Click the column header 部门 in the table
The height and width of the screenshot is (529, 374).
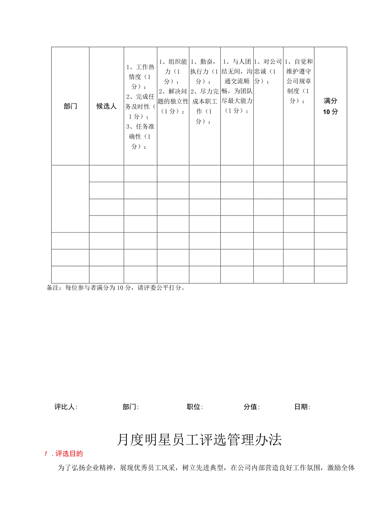pyautogui.click(x=70, y=107)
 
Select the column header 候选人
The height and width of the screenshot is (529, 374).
pyautogui.click(x=107, y=107)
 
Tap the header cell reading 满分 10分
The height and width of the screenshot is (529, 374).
pyautogui.click(x=331, y=107)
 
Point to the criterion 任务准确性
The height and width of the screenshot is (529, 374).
pyautogui.click(x=140, y=136)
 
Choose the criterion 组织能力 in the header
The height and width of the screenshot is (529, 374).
pyautogui.click(x=173, y=66)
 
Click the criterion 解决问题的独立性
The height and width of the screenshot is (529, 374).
pyautogui.click(x=173, y=101)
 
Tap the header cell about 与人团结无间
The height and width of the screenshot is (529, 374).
pyautogui.click(x=237, y=86)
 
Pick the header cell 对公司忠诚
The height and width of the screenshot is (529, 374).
pyautogui.click(x=268, y=71)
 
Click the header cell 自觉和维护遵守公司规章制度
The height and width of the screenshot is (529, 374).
pyautogui.click(x=299, y=81)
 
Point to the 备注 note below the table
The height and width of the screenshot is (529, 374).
pyautogui.click(x=116, y=288)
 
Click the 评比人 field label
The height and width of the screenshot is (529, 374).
pyautogui.click(x=66, y=407)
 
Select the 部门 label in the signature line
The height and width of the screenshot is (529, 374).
pyautogui.click(x=130, y=407)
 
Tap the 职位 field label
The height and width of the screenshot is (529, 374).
pyautogui.click(x=195, y=407)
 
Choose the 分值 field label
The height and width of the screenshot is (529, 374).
pyautogui.click(x=252, y=407)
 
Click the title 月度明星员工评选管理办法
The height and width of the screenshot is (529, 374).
pyautogui.click(x=199, y=440)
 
